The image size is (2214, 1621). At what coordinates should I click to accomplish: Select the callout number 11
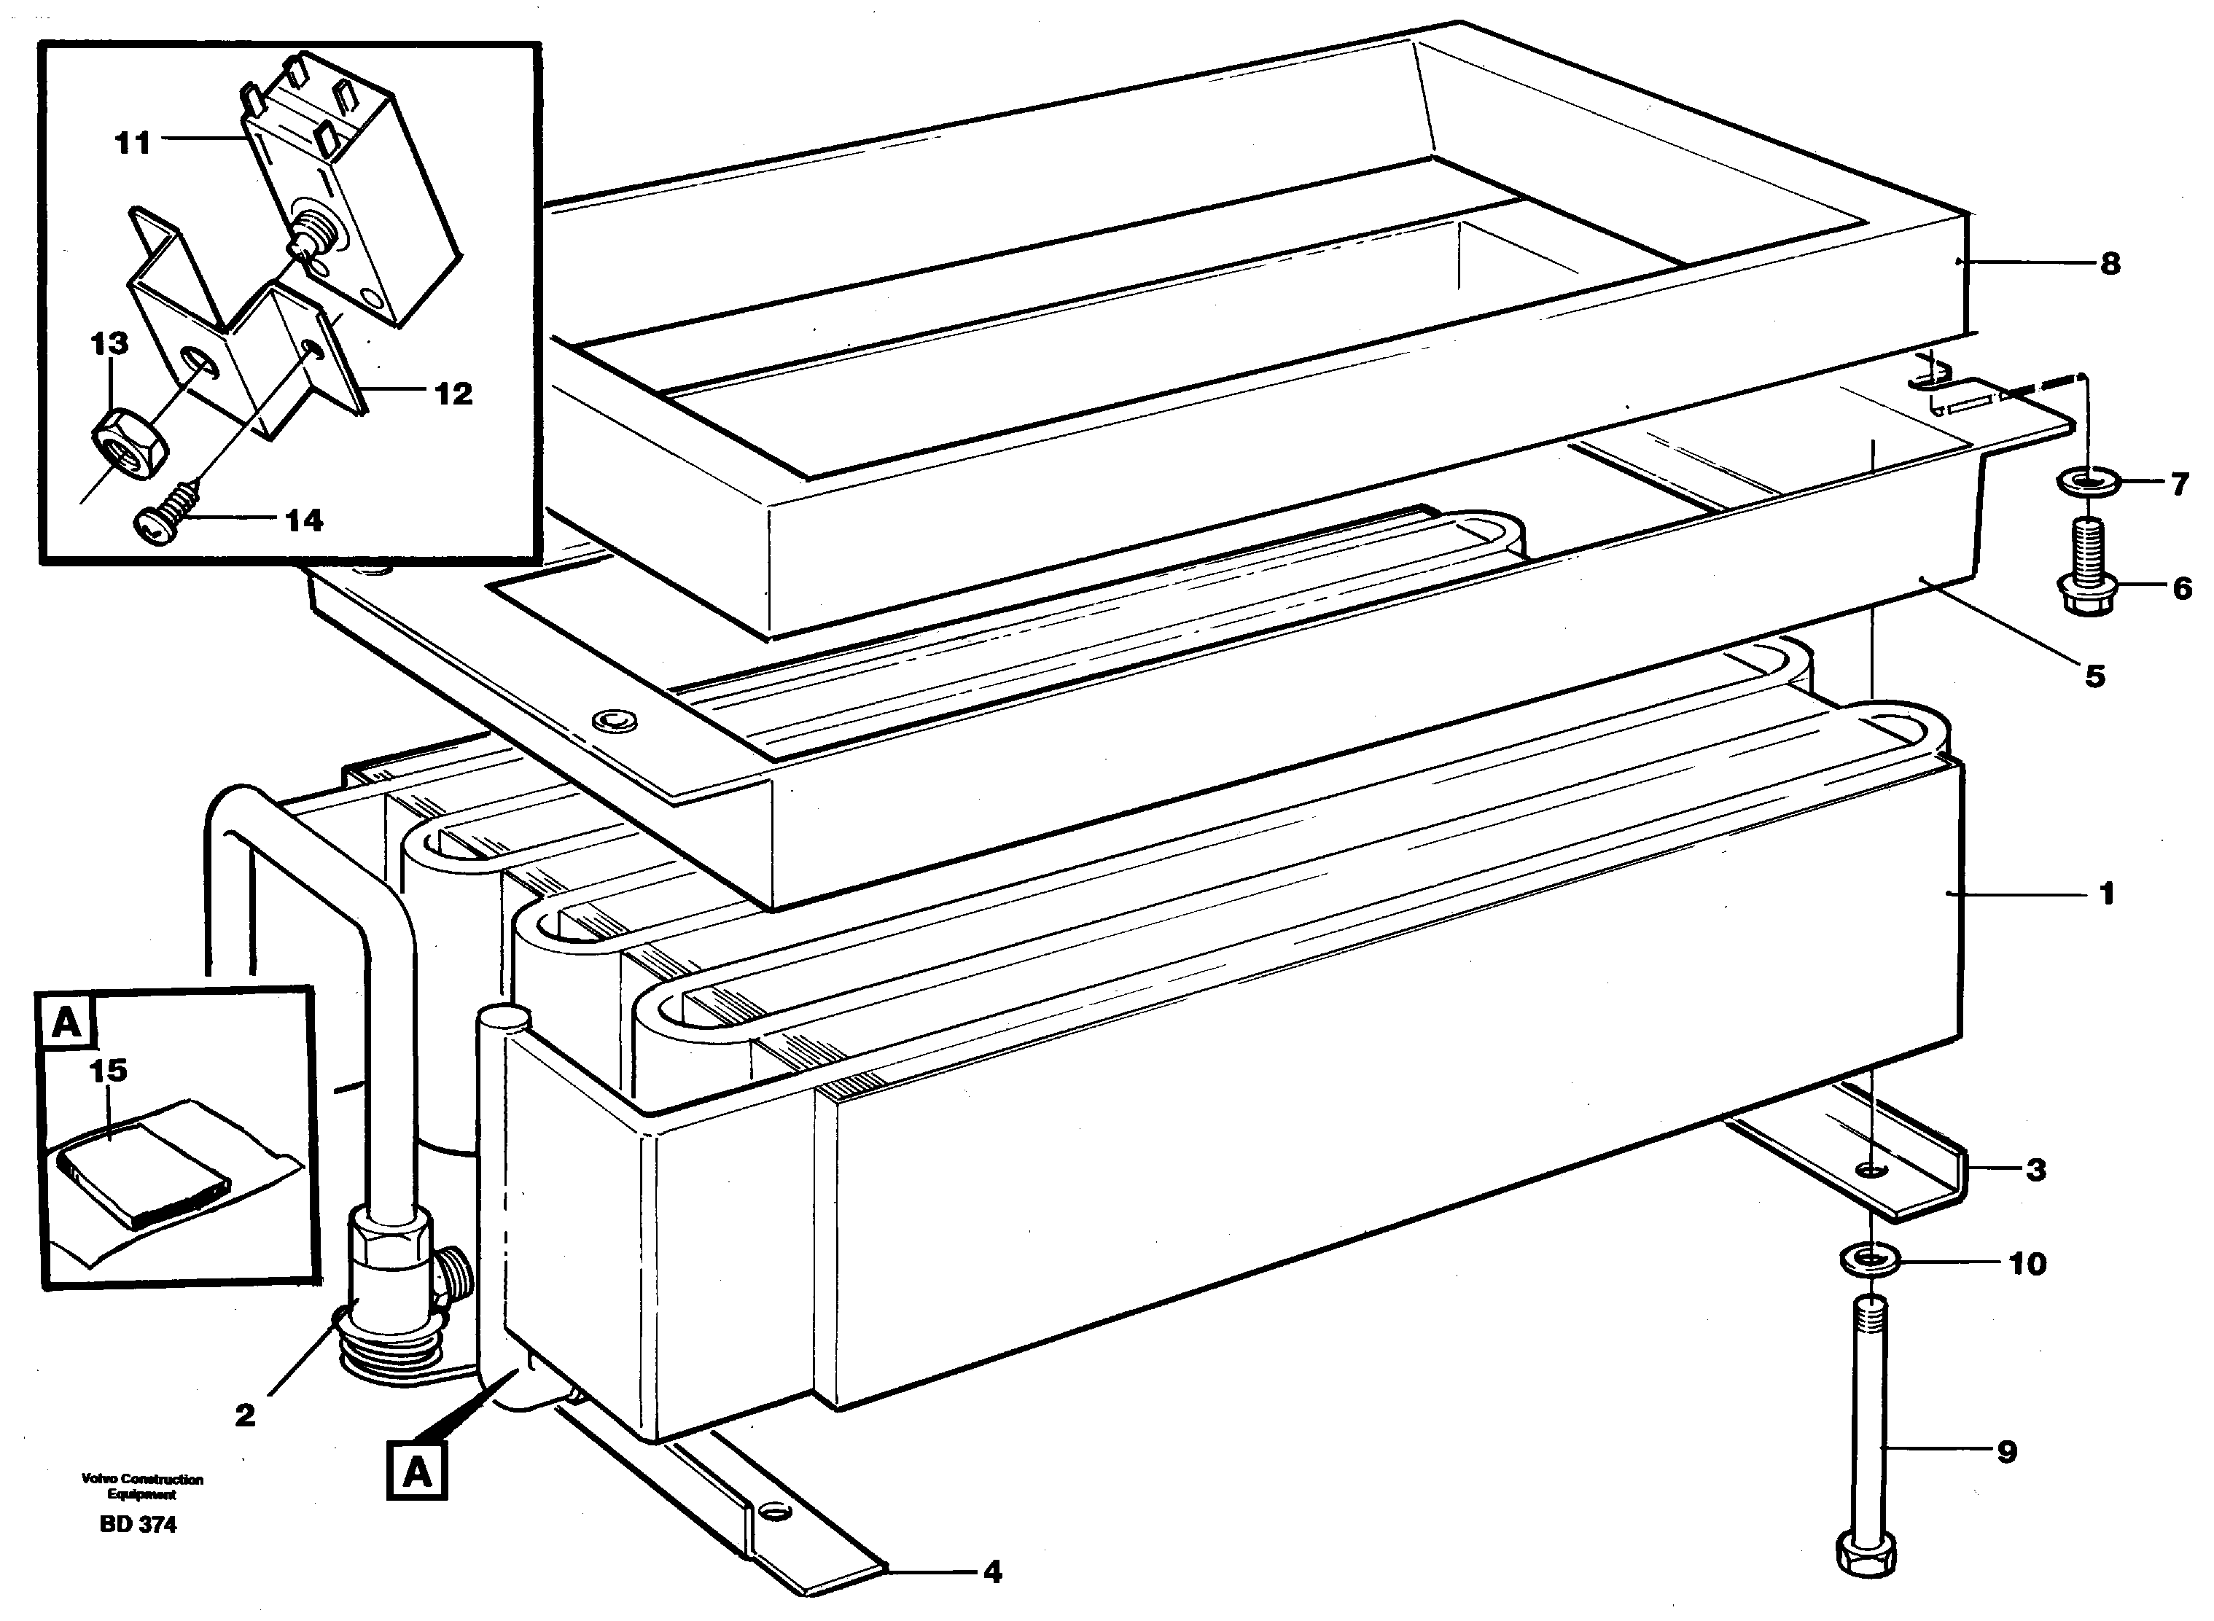click(133, 144)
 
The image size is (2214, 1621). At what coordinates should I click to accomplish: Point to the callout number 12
click(453, 394)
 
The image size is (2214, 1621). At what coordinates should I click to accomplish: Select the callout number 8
click(2110, 263)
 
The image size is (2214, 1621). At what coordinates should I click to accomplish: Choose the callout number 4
click(992, 1573)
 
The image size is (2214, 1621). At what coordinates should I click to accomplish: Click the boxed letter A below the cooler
click(417, 1472)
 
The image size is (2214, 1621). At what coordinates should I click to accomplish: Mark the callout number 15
click(108, 1069)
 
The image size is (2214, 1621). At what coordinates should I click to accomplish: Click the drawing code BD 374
click(139, 1525)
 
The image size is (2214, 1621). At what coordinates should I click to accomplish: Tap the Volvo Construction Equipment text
click(142, 1487)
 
